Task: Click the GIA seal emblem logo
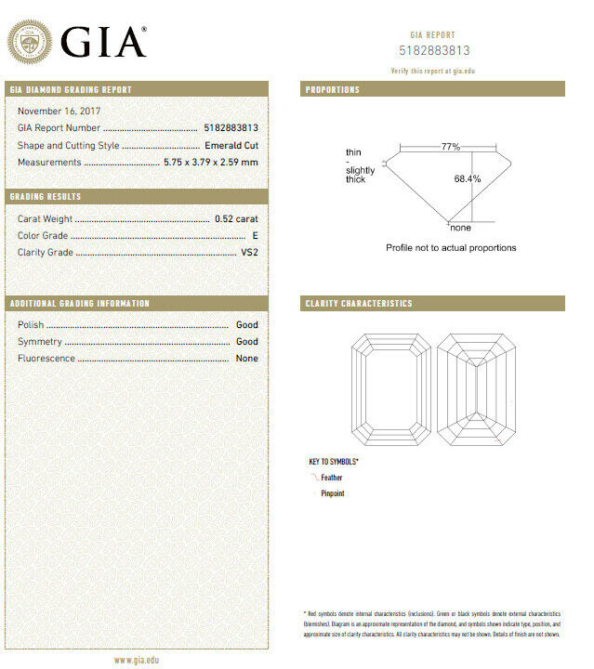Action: [x=30, y=43]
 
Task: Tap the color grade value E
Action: [x=255, y=236]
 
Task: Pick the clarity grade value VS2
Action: [x=248, y=253]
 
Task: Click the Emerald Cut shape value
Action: [x=231, y=146]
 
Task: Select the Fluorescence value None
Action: [x=247, y=359]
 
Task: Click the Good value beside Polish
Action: [x=247, y=325]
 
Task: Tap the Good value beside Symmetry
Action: [x=247, y=342]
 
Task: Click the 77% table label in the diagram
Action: [x=451, y=147]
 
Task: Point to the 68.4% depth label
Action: [x=468, y=178]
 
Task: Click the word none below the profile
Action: [x=461, y=228]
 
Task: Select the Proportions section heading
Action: [x=333, y=90]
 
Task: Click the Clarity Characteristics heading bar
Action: [x=359, y=304]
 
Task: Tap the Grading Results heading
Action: [x=46, y=197]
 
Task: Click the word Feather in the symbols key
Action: [x=332, y=478]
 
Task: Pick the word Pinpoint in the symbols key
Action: [x=333, y=493]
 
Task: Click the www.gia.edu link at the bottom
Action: [x=136, y=660]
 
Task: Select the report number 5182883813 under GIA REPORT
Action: [x=434, y=51]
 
